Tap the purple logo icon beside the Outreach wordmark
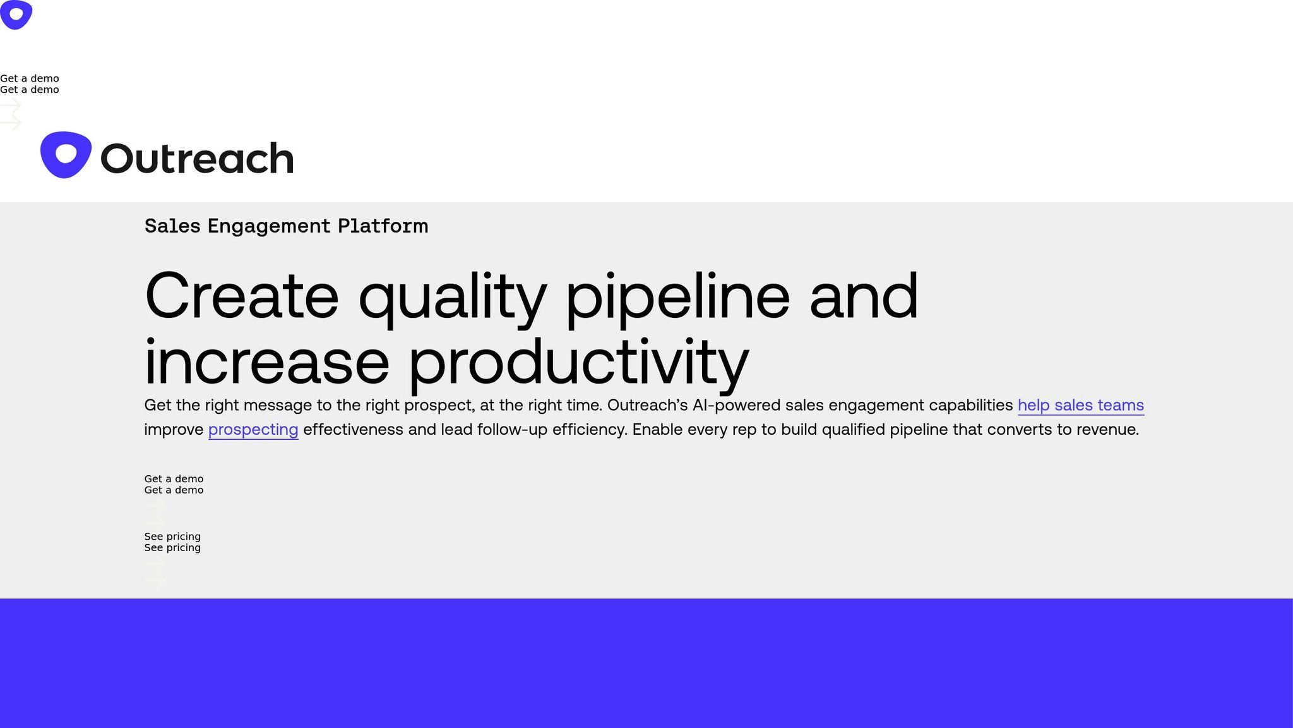point(66,155)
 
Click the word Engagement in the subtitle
point(269,226)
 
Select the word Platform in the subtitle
point(383,226)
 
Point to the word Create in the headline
point(242,296)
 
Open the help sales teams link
point(1081,405)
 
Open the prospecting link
point(253,430)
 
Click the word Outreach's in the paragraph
point(647,405)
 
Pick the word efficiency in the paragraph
point(590,430)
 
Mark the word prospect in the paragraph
point(439,406)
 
